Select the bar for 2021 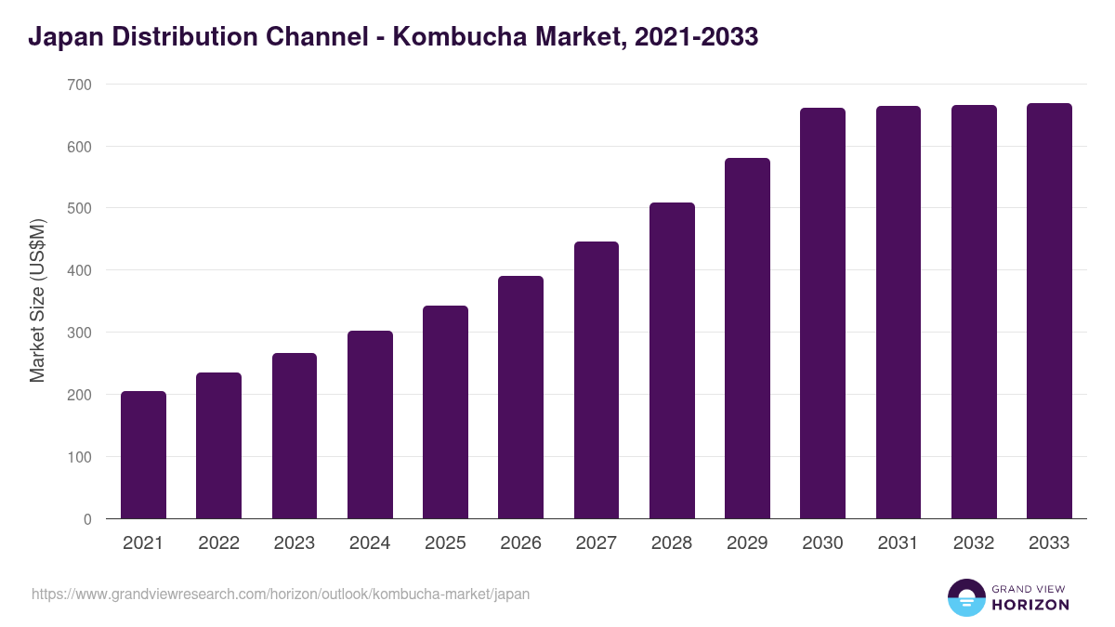point(143,455)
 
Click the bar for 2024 point(370,425)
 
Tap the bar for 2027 point(597,380)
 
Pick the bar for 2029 point(747,338)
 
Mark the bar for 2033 point(1049,311)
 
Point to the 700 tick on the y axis point(80,85)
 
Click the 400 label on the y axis point(80,270)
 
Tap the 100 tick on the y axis point(80,457)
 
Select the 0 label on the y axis point(87,519)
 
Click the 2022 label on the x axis point(218,543)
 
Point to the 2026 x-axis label point(520,543)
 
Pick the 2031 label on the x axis point(898,543)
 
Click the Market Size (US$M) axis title point(37,301)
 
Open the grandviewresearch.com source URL point(281,594)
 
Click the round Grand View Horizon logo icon point(966,597)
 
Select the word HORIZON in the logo point(1030,605)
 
